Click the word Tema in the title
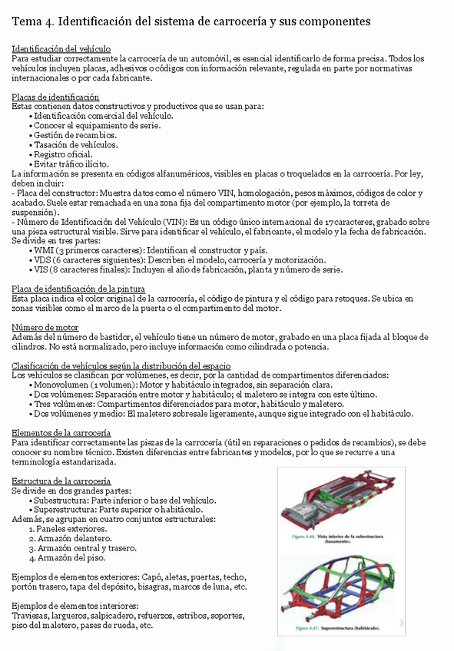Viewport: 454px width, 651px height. coord(29,20)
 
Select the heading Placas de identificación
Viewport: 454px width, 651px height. coord(55,97)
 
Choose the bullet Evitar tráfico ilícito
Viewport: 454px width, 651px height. coord(71,164)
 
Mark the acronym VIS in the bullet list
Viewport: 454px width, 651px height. coord(43,269)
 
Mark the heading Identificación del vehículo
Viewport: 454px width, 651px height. coord(61,48)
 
